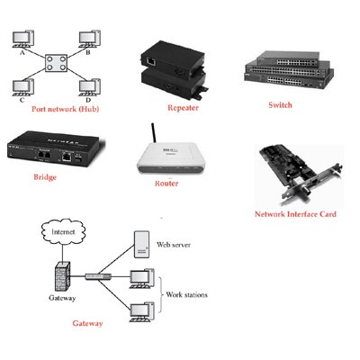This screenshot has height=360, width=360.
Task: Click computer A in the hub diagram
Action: (22, 39)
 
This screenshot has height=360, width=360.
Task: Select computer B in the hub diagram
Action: (89, 39)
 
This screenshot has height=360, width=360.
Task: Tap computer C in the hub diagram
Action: (22, 87)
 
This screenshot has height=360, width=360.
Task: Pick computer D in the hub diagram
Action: (89, 87)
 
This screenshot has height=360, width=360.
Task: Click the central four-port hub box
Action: (56, 63)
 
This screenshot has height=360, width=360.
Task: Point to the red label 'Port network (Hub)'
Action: (65, 109)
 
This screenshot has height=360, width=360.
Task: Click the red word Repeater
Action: (183, 108)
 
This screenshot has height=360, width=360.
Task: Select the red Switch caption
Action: (280, 105)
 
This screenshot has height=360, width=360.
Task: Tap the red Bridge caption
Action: (45, 177)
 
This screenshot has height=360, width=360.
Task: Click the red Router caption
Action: (166, 184)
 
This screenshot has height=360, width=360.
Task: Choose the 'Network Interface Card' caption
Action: (295, 214)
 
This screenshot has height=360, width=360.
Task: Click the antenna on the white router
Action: (154, 132)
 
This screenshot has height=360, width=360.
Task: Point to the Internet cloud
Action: (63, 232)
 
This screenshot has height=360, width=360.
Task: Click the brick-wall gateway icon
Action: (62, 276)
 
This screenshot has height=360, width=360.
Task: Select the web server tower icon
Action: (141, 244)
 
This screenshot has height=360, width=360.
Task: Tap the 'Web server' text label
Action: (174, 245)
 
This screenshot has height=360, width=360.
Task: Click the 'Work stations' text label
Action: (186, 294)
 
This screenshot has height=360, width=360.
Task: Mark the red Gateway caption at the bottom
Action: (87, 323)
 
